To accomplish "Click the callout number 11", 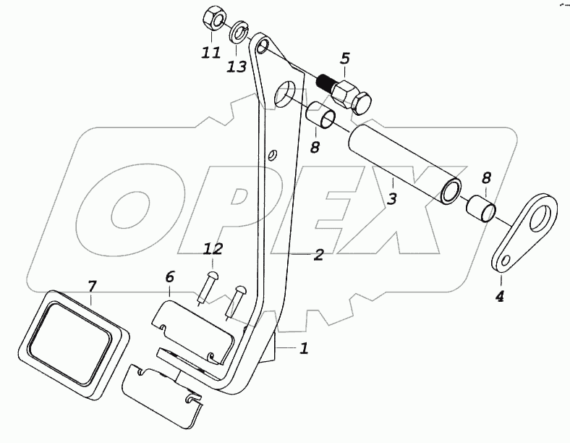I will [210, 53].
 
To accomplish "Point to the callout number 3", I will [391, 198].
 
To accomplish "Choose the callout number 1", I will [304, 348].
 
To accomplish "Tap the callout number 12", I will [213, 250].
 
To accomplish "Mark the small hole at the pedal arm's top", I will [263, 46].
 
